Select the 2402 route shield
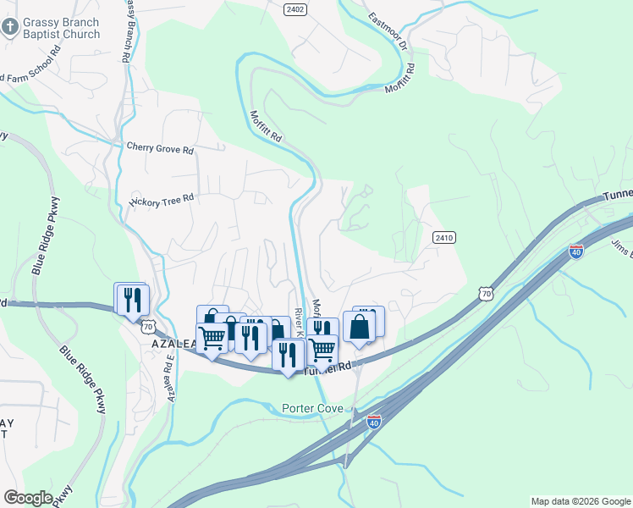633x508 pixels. coord(294,8)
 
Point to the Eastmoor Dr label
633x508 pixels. coord(388,30)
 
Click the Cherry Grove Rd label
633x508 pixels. coord(160,148)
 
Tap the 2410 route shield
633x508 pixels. coord(444,238)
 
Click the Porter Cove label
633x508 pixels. coord(312,409)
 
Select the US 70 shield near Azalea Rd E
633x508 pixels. coord(149,326)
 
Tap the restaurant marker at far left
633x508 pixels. coord(132,300)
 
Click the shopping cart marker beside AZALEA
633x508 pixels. coord(212,338)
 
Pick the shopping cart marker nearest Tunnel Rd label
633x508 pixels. coord(322,347)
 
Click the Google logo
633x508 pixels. coord(28,498)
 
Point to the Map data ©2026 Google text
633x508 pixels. coord(581,501)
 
